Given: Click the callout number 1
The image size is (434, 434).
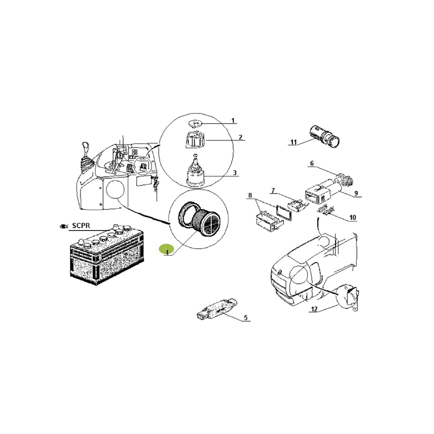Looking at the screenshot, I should [233, 121].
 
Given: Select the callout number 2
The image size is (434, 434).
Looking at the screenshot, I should [240, 137].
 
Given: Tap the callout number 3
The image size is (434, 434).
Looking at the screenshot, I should [235, 173].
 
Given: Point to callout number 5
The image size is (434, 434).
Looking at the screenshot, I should [246, 318].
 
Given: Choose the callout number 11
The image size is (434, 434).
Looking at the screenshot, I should [293, 142].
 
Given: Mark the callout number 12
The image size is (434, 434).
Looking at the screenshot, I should [314, 309].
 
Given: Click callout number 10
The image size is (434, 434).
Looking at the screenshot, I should [352, 217].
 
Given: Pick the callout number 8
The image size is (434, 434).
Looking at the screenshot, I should [250, 196].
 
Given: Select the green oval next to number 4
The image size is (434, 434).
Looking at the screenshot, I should [166, 249].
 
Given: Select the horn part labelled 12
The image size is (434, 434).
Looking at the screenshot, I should [349, 295].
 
